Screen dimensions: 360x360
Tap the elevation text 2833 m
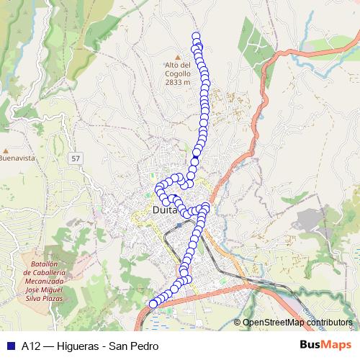(x=177, y=82)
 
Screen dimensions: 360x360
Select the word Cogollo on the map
(x=177, y=73)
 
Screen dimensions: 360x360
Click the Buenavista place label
(x=17, y=158)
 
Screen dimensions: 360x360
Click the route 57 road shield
(x=76, y=157)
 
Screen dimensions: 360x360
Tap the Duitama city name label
(x=166, y=210)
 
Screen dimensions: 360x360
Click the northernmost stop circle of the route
(x=196, y=36)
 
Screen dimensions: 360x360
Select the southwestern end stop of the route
(x=153, y=304)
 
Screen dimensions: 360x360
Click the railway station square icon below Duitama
(x=179, y=225)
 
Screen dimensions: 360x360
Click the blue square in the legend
(x=10, y=346)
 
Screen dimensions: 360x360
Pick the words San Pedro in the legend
(x=133, y=346)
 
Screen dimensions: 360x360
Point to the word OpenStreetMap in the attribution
(x=274, y=323)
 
